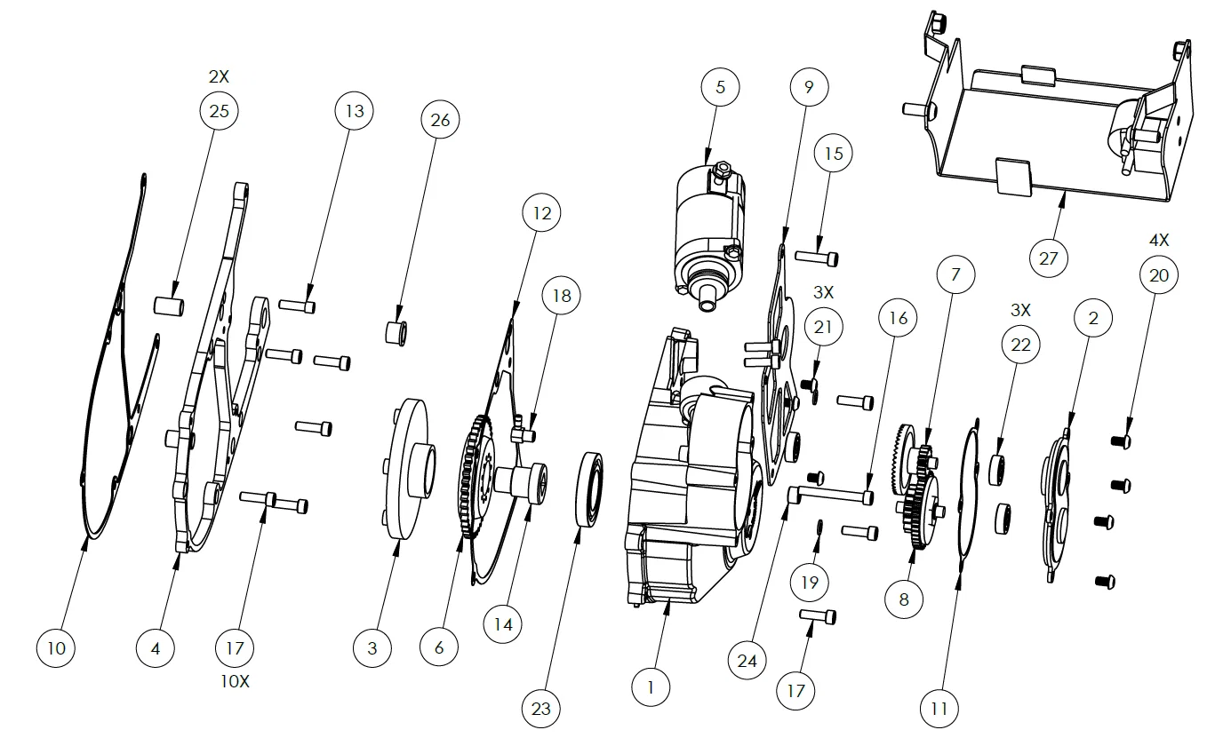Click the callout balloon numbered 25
(219, 111)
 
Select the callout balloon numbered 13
(355, 111)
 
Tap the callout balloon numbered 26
(440, 120)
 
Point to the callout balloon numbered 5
(720, 87)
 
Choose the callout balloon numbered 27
(1048, 258)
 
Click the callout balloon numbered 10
(56, 648)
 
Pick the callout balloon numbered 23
(541, 709)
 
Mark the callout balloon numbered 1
(651, 687)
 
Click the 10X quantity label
(235, 681)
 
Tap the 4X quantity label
(1159, 240)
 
